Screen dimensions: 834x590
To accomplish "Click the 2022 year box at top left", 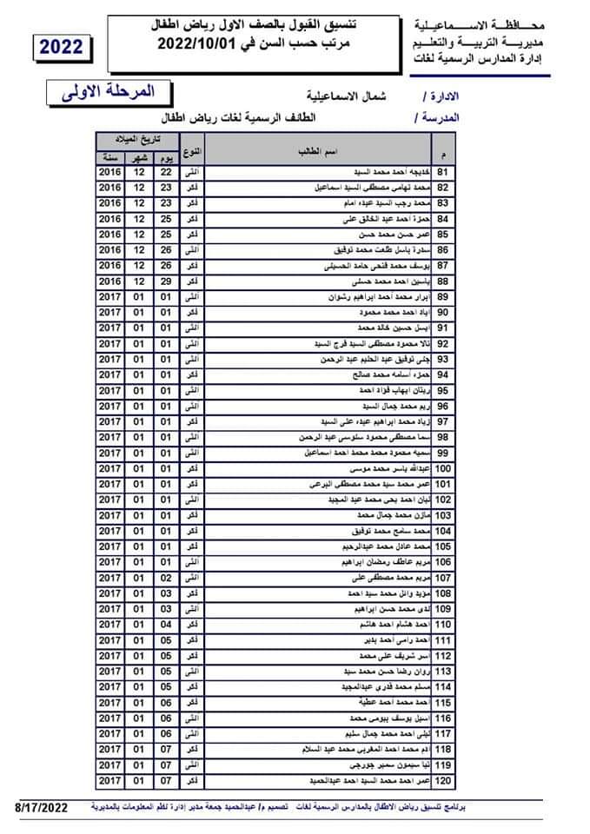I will pos(62,47).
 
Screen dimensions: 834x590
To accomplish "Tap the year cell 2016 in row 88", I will pos(110,281).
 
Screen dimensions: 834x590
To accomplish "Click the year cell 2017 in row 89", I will pos(110,297).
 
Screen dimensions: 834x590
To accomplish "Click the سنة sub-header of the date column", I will pos(110,158).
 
